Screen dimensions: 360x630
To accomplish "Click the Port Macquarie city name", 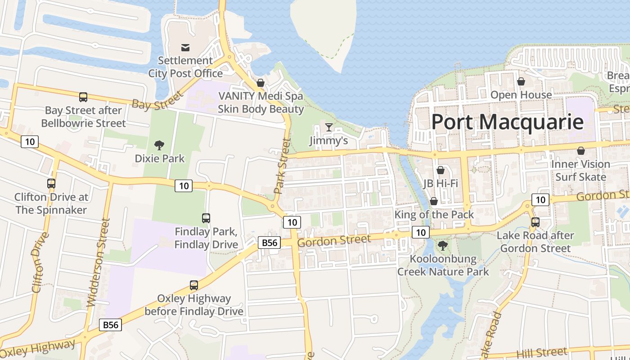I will (507, 122).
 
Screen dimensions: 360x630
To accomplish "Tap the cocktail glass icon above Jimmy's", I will (329, 127).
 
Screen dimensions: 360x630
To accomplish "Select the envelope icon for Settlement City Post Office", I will (185, 47).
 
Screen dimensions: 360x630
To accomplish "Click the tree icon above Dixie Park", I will (159, 145).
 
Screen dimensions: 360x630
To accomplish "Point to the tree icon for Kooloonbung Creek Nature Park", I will (443, 246).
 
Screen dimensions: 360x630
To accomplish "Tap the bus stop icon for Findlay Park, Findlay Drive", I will (206, 218).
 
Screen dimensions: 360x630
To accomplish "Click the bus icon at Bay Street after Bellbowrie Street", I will (83, 97).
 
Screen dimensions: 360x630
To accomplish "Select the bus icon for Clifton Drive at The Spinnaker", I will (51, 184).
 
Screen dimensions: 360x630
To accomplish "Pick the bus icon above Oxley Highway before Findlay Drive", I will (194, 285).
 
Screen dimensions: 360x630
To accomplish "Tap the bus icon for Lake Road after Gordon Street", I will (535, 222).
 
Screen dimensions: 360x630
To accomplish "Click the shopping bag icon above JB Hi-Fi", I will (441, 170).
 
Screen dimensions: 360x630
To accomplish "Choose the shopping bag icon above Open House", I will (521, 81).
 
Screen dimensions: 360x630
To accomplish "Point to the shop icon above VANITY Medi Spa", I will (261, 83).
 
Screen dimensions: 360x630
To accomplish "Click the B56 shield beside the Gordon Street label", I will (270, 243).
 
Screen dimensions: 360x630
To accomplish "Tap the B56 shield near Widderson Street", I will (110, 324).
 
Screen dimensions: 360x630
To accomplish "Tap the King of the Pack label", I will (434, 215).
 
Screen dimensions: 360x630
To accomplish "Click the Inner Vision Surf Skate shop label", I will (580, 171).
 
